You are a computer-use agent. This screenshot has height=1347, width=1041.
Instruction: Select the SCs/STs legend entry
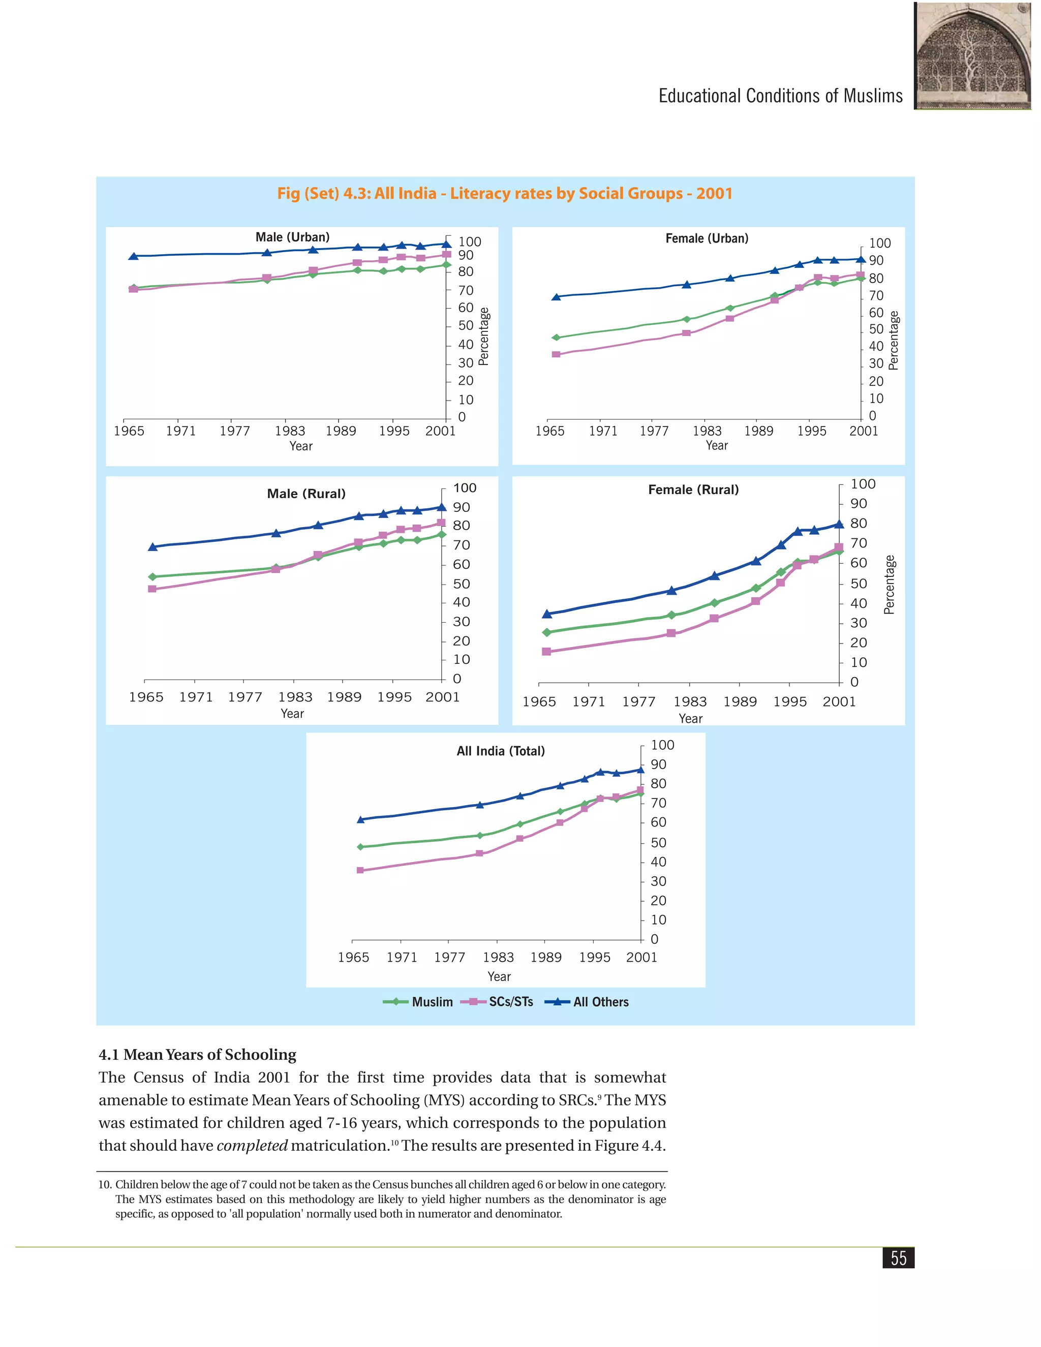tap(497, 1002)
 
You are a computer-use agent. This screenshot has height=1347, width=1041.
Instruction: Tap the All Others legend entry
tap(587, 1002)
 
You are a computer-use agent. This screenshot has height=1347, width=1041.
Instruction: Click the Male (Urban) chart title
tap(292, 237)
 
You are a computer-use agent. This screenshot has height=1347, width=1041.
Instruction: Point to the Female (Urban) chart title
tap(707, 238)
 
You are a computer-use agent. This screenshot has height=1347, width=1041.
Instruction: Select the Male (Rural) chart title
tap(307, 494)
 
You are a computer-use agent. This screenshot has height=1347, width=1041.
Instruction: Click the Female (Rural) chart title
tap(693, 489)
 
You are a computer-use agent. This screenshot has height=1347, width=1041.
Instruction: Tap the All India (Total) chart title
tap(501, 751)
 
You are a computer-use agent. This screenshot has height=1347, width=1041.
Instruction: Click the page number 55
tap(899, 1258)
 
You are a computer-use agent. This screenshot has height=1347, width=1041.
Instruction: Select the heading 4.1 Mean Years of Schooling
tap(197, 1055)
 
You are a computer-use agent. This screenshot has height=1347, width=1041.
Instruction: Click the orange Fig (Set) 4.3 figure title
tap(504, 194)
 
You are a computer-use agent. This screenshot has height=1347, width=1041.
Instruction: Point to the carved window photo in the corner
tap(972, 55)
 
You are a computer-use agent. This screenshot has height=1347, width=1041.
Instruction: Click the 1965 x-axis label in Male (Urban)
tap(129, 431)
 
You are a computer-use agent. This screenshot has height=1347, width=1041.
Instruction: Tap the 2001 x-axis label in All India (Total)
tap(641, 957)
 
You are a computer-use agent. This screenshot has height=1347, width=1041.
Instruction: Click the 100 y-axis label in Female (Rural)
tap(863, 484)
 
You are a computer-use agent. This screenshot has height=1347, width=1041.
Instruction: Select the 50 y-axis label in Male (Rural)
tap(462, 584)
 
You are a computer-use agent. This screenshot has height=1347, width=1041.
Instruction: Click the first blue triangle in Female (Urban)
tap(556, 297)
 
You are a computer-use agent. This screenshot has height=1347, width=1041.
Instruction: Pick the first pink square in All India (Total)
tap(360, 870)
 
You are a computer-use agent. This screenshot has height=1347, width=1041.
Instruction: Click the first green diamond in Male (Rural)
tap(152, 577)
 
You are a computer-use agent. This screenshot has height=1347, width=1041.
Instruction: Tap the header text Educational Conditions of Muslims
tap(781, 96)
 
